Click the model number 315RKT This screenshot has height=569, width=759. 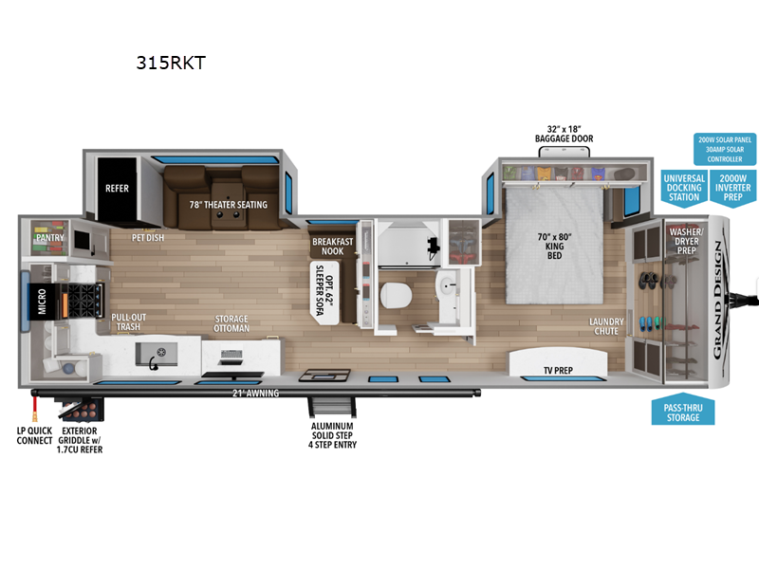171,63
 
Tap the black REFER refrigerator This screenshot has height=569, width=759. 117,189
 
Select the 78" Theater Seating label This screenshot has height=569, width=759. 228,205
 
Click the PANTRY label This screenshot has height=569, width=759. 50,238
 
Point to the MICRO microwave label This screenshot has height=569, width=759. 42,301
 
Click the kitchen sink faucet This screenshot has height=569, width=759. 154,363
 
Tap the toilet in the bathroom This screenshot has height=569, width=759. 396,295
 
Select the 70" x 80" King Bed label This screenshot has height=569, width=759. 554,246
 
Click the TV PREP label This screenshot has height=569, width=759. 558,370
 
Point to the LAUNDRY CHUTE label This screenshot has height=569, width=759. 606,326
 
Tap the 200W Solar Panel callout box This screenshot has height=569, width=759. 725,149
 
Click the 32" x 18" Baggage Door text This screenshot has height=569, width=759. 564,134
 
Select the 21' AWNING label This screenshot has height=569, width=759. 255,393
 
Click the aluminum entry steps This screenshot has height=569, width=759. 332,408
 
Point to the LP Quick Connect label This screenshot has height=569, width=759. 34,435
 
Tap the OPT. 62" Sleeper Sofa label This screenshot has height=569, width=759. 324,290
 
